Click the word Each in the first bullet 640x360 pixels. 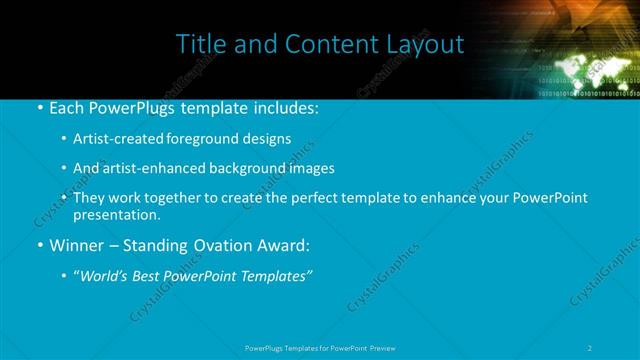[68, 106]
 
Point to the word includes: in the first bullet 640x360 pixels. [284, 106]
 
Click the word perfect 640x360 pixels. [322, 198]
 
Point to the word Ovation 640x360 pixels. [230, 245]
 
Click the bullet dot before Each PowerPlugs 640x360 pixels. [39, 107]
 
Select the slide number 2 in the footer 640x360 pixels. [591, 348]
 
